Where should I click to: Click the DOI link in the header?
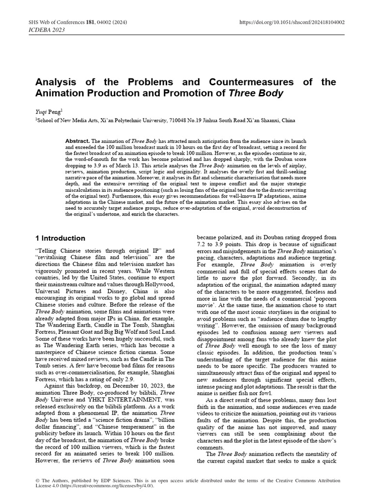pos(293,22)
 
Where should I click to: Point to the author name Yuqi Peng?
pos(48,111)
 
